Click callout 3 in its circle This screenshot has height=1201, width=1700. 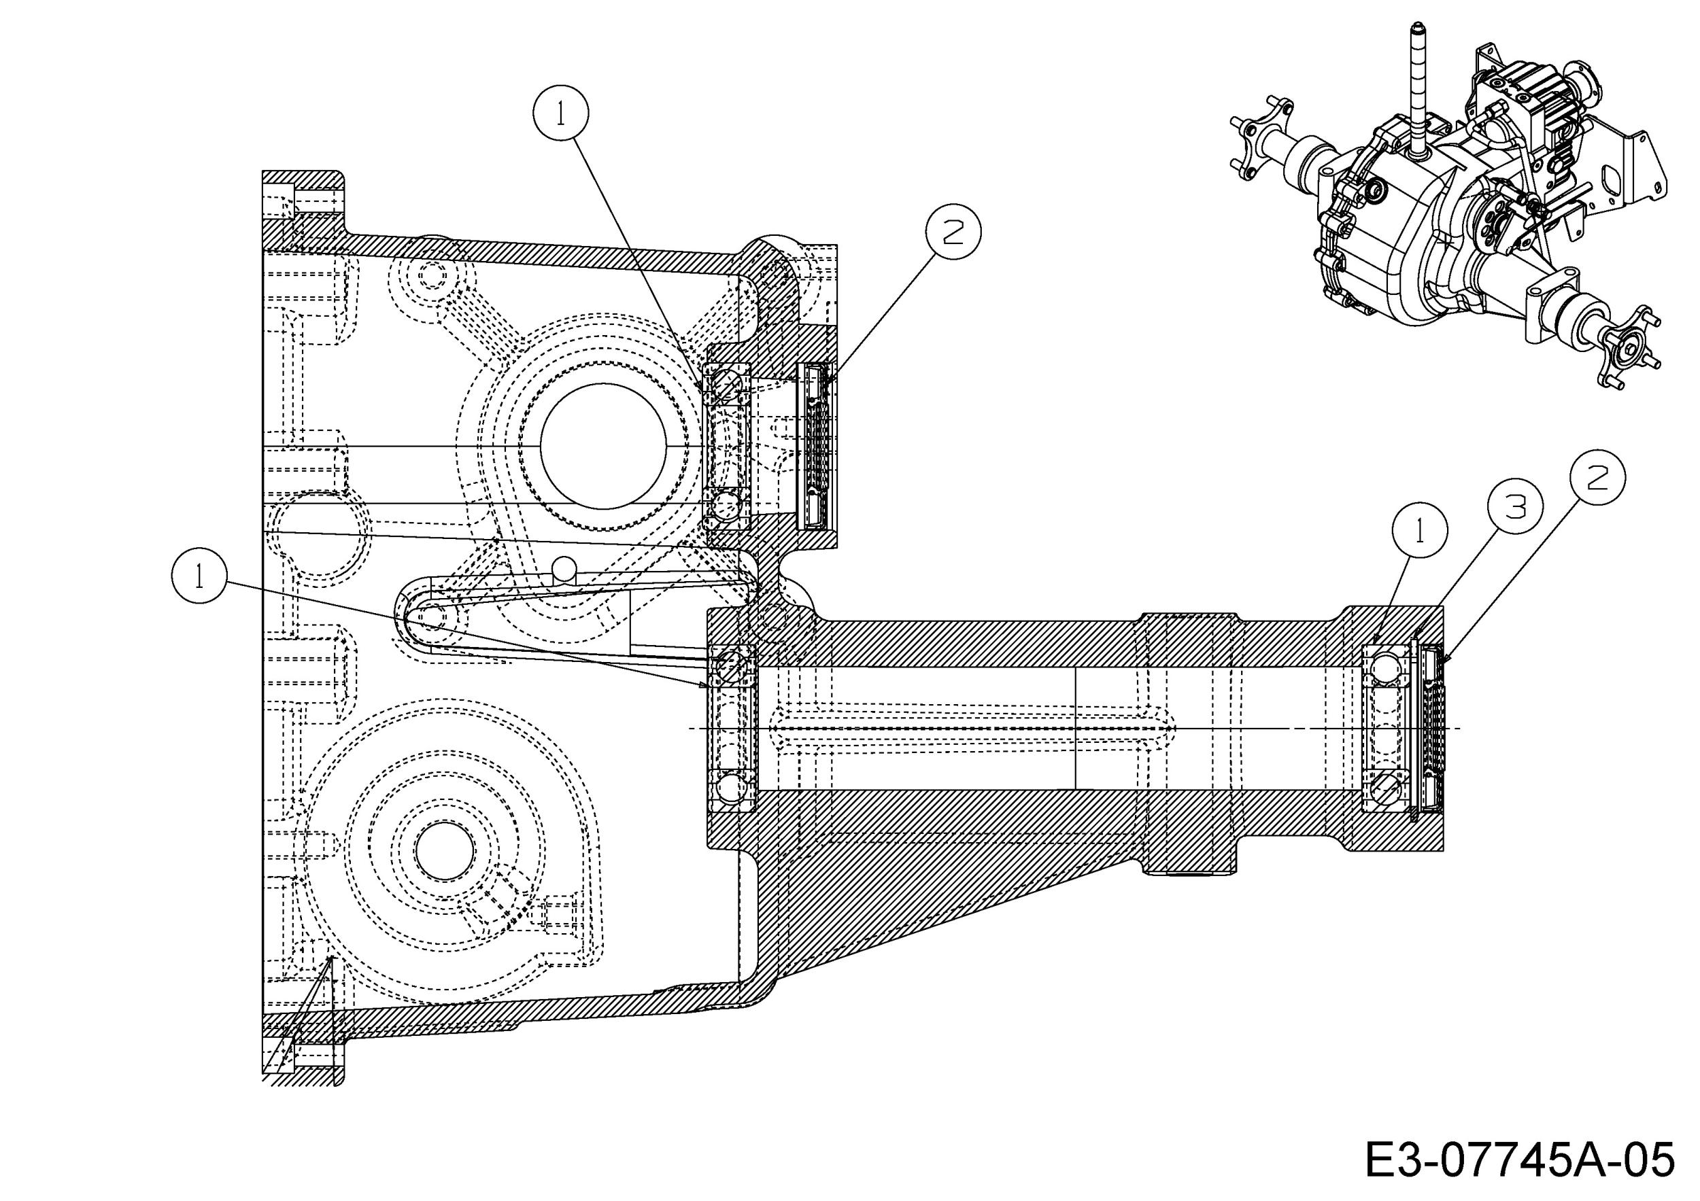(x=1516, y=507)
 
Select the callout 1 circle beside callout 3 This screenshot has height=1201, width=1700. (x=1419, y=531)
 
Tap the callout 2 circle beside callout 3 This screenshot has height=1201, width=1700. (x=1597, y=477)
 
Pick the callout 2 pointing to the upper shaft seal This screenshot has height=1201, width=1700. (x=953, y=232)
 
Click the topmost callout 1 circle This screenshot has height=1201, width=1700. (x=560, y=114)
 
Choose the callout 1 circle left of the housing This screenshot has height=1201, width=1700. (x=199, y=575)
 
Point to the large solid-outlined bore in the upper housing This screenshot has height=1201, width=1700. (x=602, y=447)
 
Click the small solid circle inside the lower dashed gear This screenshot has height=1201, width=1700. (x=445, y=851)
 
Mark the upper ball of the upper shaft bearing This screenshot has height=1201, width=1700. (x=726, y=384)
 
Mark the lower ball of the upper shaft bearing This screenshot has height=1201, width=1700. (x=726, y=506)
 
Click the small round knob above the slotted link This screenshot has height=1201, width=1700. (x=564, y=568)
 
